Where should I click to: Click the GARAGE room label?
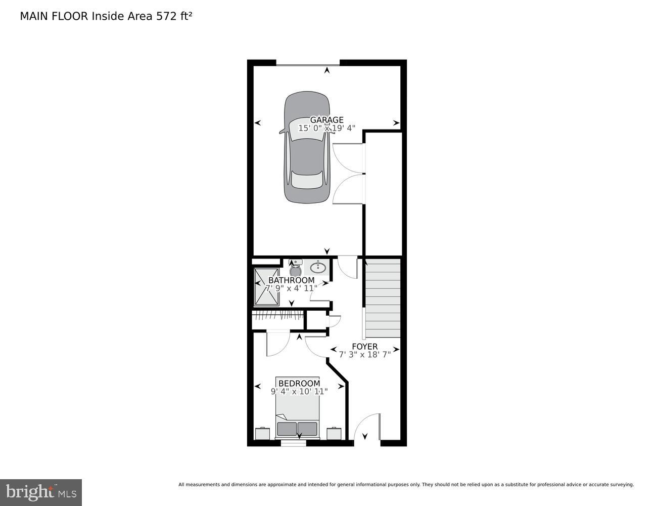click(x=326, y=120)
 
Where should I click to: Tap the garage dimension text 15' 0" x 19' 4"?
click(x=326, y=129)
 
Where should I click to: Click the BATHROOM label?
click(x=291, y=280)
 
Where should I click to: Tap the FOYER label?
click(x=364, y=347)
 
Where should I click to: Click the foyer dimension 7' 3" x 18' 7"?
click(x=364, y=355)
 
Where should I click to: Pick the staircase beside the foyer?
click(x=383, y=299)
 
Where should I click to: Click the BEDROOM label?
click(x=299, y=384)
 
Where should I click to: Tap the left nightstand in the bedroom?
click(x=262, y=434)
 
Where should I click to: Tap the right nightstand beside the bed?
click(x=334, y=434)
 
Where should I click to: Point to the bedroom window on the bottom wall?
click(x=294, y=443)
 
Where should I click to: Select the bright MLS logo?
click(x=41, y=492)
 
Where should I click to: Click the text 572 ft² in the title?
click(x=174, y=16)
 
